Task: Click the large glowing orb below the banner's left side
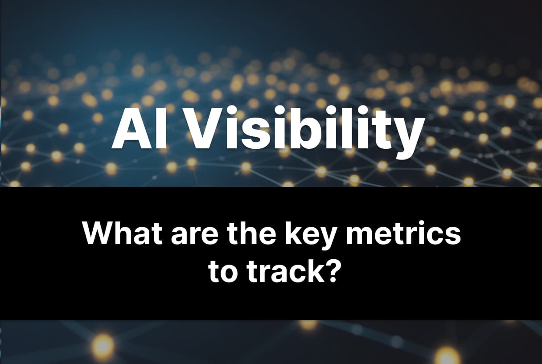click(103, 346)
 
